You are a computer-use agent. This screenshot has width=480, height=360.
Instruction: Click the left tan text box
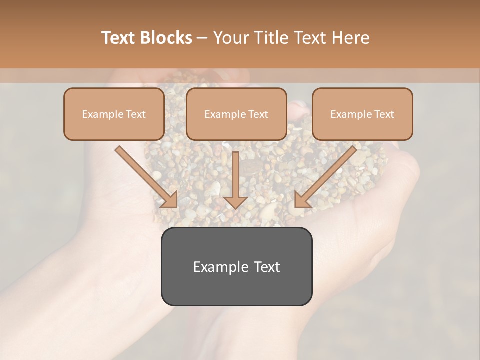pos(114,114)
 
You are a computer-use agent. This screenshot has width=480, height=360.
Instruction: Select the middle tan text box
pos(236,114)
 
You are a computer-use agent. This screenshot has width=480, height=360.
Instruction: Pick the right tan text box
pos(362,114)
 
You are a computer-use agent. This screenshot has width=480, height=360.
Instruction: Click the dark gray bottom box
pos(236,267)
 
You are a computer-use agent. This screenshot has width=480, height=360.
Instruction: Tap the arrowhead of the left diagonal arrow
pos(169,200)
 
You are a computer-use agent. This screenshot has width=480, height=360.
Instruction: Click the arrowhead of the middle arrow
pos(235,201)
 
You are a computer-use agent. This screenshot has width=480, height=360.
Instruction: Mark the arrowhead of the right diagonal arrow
pos(302,200)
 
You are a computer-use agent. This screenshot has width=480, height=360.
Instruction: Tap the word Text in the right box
pos(384,114)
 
